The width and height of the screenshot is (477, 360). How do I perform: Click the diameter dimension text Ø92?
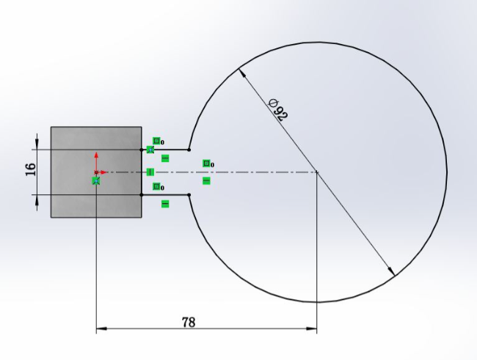278,109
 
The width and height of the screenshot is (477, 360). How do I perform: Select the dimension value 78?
189,321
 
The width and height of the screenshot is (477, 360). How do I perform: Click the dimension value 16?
30,169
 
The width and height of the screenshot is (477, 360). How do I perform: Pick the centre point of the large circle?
316,172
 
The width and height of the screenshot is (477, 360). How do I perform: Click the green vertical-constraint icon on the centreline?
150,172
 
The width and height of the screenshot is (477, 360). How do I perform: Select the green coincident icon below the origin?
95,180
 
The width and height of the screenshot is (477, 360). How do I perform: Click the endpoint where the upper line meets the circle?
189,150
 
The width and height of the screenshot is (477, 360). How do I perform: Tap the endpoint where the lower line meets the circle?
189,195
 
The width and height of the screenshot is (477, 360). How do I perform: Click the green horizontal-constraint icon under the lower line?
164,203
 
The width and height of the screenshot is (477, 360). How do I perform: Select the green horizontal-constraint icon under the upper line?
164,158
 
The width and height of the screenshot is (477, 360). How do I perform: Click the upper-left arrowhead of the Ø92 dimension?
242,74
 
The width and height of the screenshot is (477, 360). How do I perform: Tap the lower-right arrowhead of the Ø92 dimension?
391,271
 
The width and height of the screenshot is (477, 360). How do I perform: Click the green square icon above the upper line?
156,141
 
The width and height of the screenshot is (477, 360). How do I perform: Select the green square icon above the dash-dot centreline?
206,164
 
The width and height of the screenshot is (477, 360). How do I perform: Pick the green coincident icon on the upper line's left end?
150,150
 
